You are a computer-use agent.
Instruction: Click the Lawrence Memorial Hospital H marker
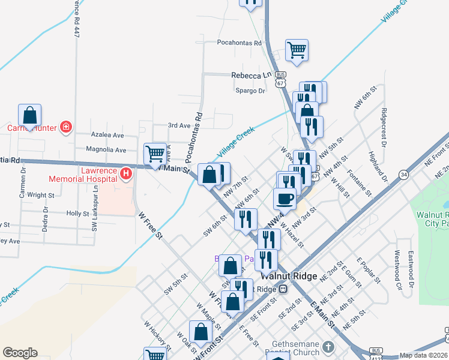(126, 175)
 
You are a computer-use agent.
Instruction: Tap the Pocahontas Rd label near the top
(240, 43)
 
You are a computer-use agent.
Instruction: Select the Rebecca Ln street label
(252, 76)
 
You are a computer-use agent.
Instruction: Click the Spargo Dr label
(250, 91)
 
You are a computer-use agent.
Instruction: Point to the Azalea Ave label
(106, 136)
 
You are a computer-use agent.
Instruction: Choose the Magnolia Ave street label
(106, 150)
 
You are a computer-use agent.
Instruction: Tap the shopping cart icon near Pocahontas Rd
(297, 50)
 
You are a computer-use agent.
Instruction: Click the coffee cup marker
(285, 198)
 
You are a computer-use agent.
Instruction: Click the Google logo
(20, 353)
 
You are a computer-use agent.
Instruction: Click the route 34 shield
(403, 175)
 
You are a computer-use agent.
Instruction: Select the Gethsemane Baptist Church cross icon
(328, 347)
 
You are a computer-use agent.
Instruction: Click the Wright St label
(41, 195)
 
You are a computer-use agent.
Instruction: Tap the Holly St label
(77, 214)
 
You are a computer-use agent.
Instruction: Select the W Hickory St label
(155, 336)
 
